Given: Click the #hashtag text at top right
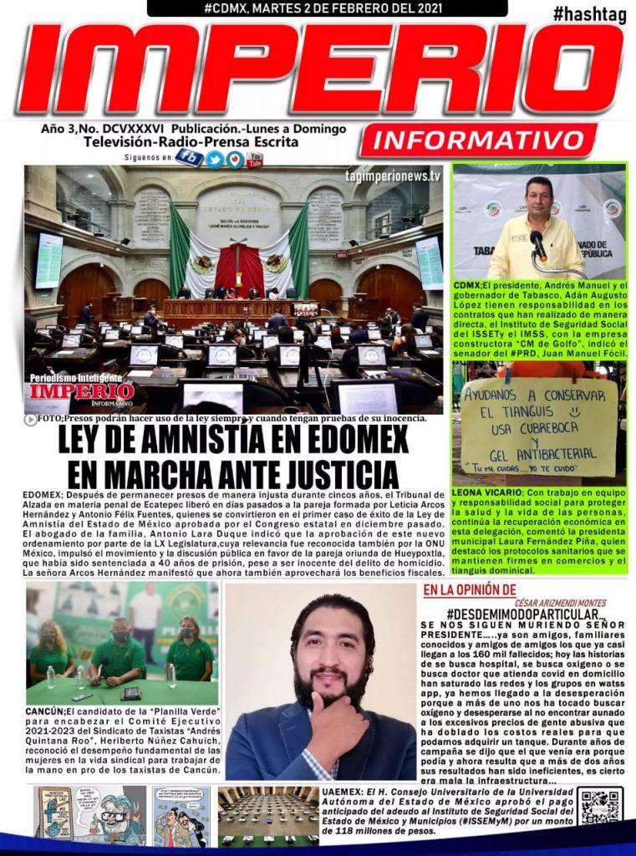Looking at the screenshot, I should click(588, 14).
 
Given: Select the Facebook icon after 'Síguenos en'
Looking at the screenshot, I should click(189, 157).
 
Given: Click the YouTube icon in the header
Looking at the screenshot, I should click(255, 158).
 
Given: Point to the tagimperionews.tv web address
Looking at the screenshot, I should click(392, 176).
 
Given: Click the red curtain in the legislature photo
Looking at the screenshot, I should click(239, 268).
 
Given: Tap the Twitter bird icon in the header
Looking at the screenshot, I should click(215, 159).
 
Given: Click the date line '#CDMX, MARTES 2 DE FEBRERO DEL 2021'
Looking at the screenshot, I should click(327, 8).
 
